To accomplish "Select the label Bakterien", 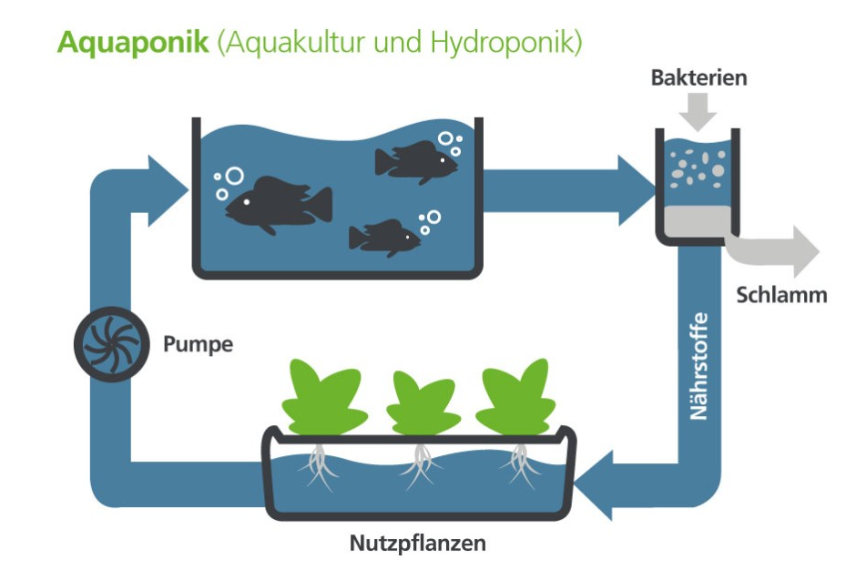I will [x=698, y=77].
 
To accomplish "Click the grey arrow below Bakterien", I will [x=698, y=113].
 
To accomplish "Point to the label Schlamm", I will [x=781, y=294].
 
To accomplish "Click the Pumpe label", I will [x=198, y=344].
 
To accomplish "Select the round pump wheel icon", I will [x=107, y=343].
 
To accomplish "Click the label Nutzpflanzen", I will [x=418, y=544].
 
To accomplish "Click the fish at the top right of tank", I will [x=415, y=161].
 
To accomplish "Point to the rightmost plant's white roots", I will [x=522, y=461].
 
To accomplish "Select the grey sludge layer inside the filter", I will [x=698, y=219].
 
